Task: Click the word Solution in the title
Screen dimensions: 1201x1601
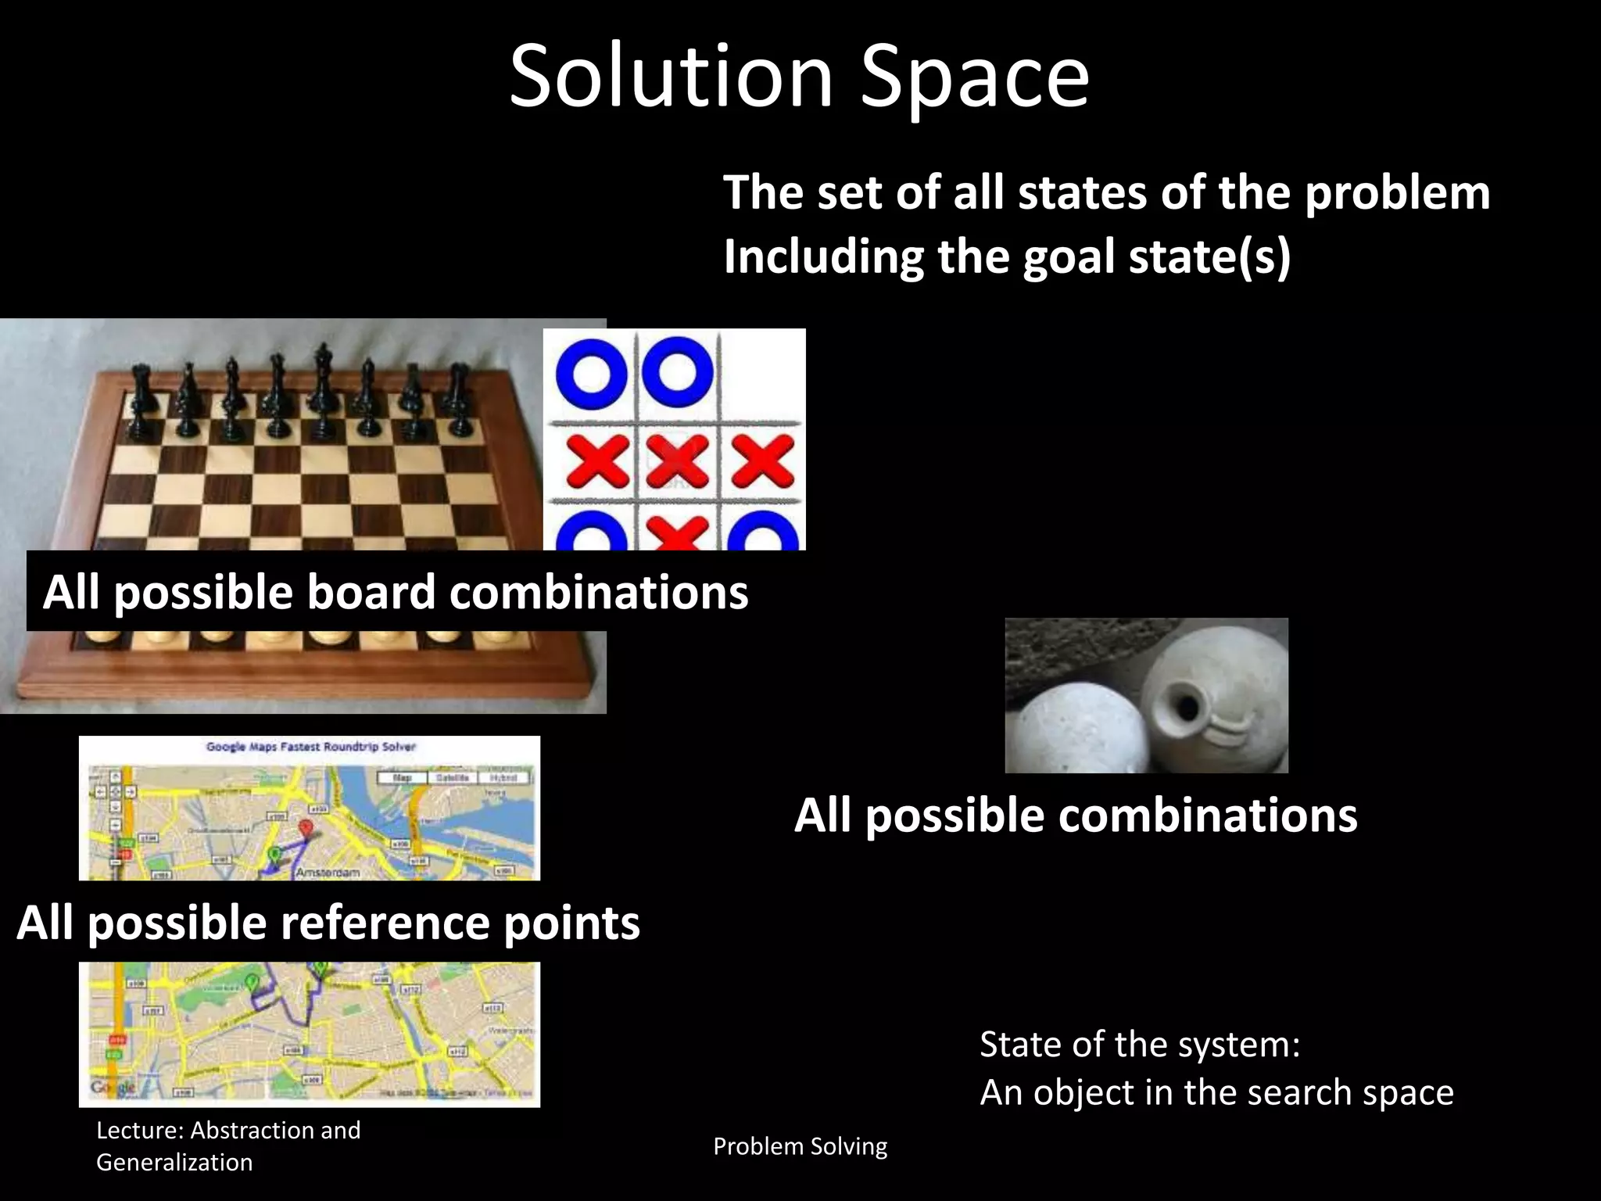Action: pyautogui.click(x=671, y=77)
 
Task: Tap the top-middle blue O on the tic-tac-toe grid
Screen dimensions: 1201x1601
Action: pyautogui.click(x=678, y=372)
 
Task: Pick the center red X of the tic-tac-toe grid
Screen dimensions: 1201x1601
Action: pyautogui.click(x=677, y=461)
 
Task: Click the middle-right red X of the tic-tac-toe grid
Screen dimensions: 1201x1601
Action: pyautogui.click(x=762, y=461)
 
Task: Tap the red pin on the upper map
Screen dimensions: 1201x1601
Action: pyautogui.click(x=306, y=829)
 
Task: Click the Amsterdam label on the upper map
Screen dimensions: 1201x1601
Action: pyautogui.click(x=328, y=872)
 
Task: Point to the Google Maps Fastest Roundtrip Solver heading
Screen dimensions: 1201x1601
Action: pyautogui.click(x=310, y=747)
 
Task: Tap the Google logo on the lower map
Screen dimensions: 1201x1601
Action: pyautogui.click(x=113, y=1087)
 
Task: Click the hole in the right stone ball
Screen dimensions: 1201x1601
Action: pyautogui.click(x=1188, y=708)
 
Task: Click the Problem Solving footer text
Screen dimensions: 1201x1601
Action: pyautogui.click(x=800, y=1146)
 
